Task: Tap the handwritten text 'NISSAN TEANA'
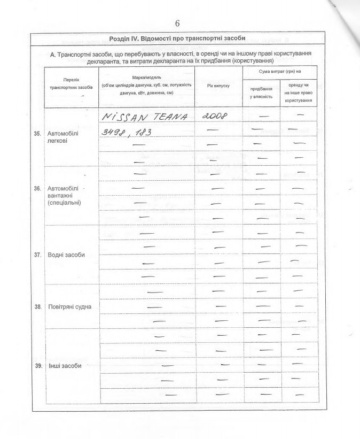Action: [144, 117]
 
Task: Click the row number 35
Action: [38, 134]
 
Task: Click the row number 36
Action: [38, 189]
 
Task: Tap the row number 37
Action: [38, 255]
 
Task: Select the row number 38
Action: [38, 307]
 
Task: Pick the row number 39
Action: [38, 366]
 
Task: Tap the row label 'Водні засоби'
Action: [66, 255]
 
